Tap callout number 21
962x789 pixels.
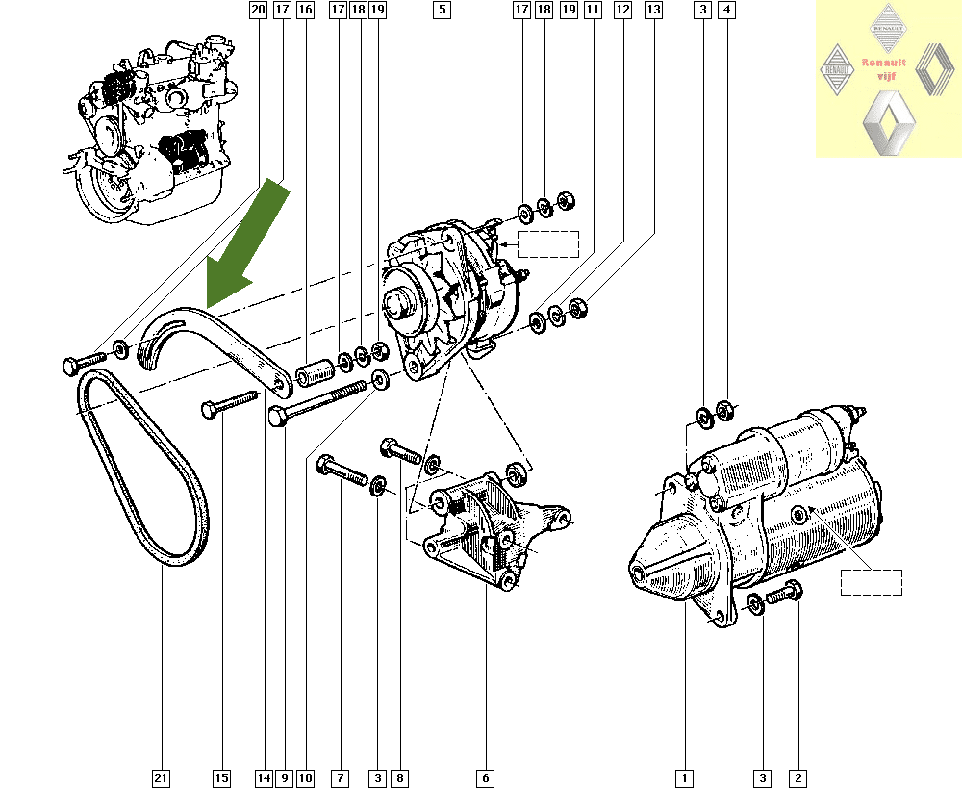pos(161,776)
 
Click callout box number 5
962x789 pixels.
pos(442,11)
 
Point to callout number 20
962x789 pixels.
pos(257,11)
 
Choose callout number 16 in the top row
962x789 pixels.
pos(305,11)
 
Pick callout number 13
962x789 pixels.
pos(653,11)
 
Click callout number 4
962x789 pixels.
pos(726,11)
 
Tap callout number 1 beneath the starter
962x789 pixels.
pos(684,776)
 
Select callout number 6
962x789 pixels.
pos(486,776)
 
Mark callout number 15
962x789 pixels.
pos(222,776)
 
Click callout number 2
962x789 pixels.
pos(797,776)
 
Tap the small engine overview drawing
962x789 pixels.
pos(154,130)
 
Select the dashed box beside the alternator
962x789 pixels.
pos(548,244)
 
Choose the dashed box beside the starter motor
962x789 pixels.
pos(871,582)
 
